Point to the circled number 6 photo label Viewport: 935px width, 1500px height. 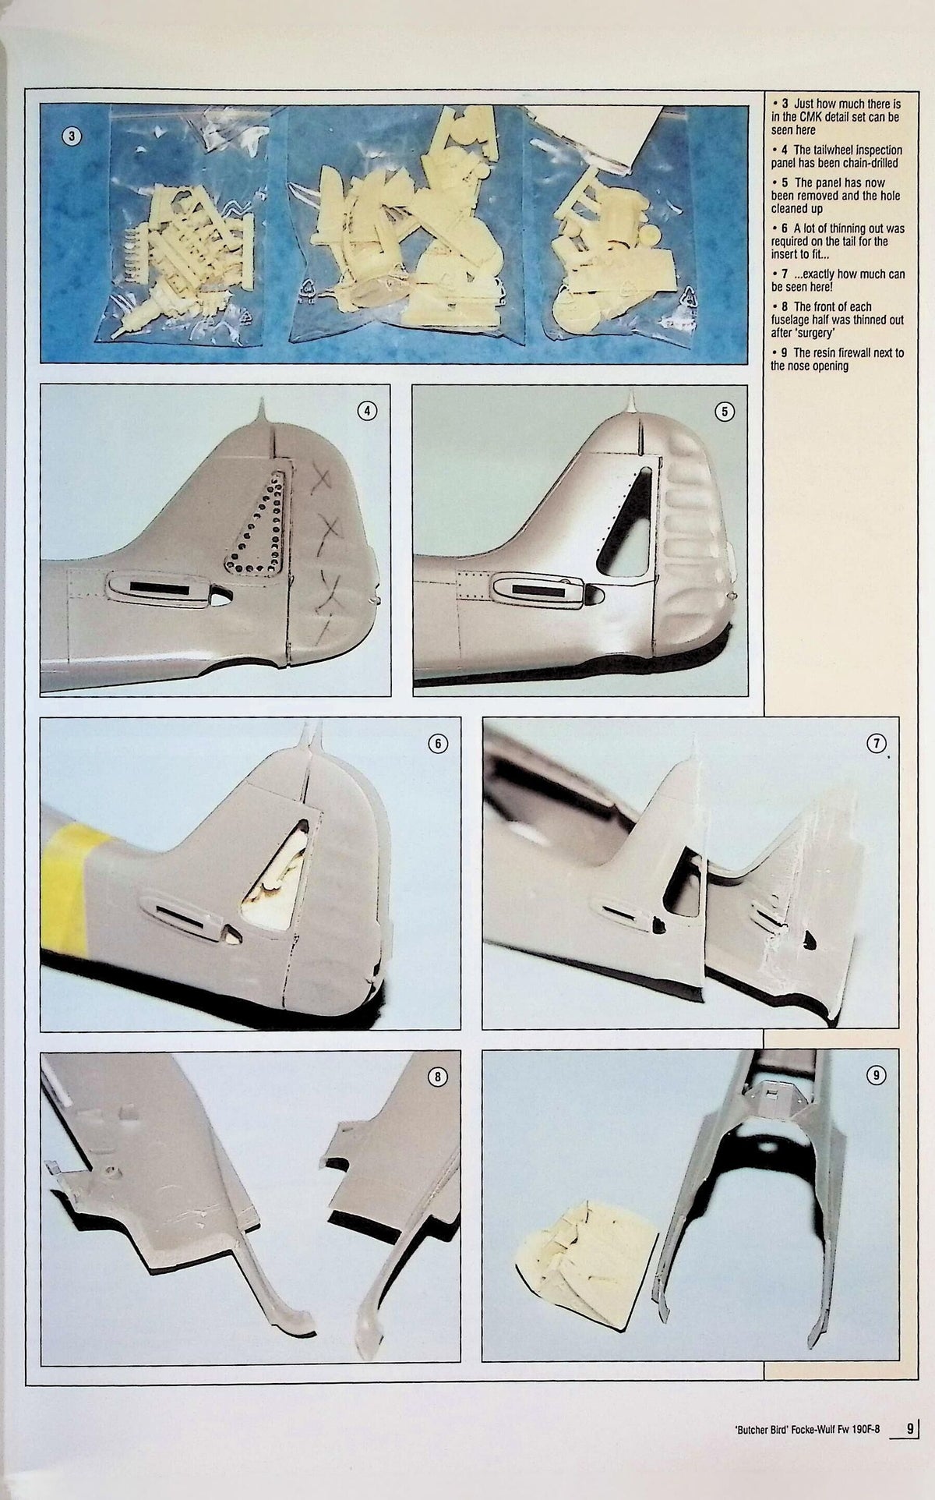click(437, 744)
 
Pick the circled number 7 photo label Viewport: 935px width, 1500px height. click(877, 744)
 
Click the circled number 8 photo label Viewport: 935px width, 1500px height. click(438, 1077)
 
